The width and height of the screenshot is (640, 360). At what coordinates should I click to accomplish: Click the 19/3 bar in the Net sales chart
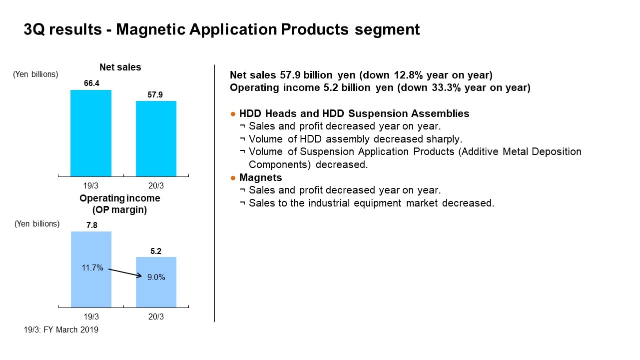click(x=91, y=133)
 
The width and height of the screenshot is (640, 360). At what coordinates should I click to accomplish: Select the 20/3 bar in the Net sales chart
click(x=156, y=138)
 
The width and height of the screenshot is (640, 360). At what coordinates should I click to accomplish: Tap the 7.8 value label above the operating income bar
click(x=92, y=225)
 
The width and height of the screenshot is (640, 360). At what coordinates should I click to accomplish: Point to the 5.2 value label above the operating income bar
click(x=156, y=251)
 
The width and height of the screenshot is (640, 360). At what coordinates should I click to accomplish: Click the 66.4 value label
click(x=91, y=83)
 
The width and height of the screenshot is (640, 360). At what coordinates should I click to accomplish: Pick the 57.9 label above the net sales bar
click(x=155, y=94)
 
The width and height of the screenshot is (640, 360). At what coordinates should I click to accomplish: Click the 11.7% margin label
click(x=92, y=267)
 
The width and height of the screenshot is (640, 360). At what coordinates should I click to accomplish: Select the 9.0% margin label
click(x=156, y=277)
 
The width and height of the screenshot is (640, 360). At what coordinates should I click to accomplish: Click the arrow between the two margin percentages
click(x=125, y=273)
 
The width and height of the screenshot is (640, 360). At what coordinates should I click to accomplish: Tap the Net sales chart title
click(x=120, y=67)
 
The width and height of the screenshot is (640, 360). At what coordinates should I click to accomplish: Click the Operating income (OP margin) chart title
click(x=120, y=204)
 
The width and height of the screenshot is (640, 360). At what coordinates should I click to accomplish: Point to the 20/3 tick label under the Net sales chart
click(x=156, y=186)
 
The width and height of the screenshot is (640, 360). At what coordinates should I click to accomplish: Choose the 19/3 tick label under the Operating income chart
click(x=91, y=317)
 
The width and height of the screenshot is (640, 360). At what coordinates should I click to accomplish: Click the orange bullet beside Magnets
click(x=233, y=178)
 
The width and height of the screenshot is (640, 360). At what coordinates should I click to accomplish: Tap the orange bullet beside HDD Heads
click(x=233, y=114)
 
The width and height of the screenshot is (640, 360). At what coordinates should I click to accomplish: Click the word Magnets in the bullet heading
click(x=261, y=177)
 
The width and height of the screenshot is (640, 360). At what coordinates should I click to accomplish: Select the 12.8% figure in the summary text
click(x=408, y=75)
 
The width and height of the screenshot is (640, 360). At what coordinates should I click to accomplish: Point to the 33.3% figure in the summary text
click(x=446, y=87)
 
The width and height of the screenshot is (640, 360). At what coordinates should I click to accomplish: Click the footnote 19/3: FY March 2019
click(x=61, y=329)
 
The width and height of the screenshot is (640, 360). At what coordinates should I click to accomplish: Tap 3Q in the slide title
click(x=34, y=29)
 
